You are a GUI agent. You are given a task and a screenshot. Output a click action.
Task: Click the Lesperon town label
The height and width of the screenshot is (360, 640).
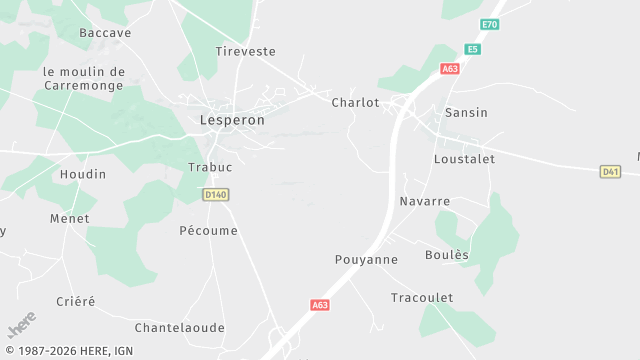click(232, 120)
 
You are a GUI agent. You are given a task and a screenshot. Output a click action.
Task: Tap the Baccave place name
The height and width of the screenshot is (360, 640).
click(105, 33)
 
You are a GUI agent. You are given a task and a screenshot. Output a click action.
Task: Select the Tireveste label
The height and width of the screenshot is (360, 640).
click(245, 51)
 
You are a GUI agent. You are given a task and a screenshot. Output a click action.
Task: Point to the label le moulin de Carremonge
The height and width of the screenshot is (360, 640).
click(84, 78)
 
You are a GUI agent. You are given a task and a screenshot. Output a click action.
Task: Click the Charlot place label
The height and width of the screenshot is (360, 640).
click(355, 102)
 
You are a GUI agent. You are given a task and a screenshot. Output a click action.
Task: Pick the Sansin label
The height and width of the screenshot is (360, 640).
click(466, 113)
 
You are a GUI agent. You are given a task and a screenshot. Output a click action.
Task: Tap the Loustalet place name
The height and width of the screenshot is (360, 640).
click(464, 159)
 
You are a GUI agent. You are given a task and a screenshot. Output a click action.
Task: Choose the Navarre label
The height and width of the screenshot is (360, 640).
click(424, 201)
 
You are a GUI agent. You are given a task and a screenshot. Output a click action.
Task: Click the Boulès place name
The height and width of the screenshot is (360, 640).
click(446, 255)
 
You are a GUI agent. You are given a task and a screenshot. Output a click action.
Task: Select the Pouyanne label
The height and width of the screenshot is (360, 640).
click(366, 259)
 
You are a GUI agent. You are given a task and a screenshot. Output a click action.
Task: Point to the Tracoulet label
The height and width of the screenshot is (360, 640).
click(422, 298)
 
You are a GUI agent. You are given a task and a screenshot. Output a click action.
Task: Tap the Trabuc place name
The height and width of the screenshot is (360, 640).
click(210, 167)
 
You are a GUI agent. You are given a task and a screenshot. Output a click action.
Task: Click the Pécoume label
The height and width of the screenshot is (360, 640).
click(208, 231)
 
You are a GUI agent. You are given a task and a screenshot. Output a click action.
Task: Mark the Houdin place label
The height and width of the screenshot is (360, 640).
click(83, 174)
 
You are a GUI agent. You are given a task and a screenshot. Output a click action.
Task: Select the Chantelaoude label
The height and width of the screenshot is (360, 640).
click(180, 327)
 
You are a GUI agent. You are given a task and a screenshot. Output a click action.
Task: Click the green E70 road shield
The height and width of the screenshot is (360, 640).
click(489, 24)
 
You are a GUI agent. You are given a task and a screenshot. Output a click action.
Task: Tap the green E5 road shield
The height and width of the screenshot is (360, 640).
click(472, 49)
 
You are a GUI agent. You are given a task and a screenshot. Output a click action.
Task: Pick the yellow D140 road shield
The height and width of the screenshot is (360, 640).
click(215, 194)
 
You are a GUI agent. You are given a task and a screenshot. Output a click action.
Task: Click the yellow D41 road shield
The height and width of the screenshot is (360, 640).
click(610, 172)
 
